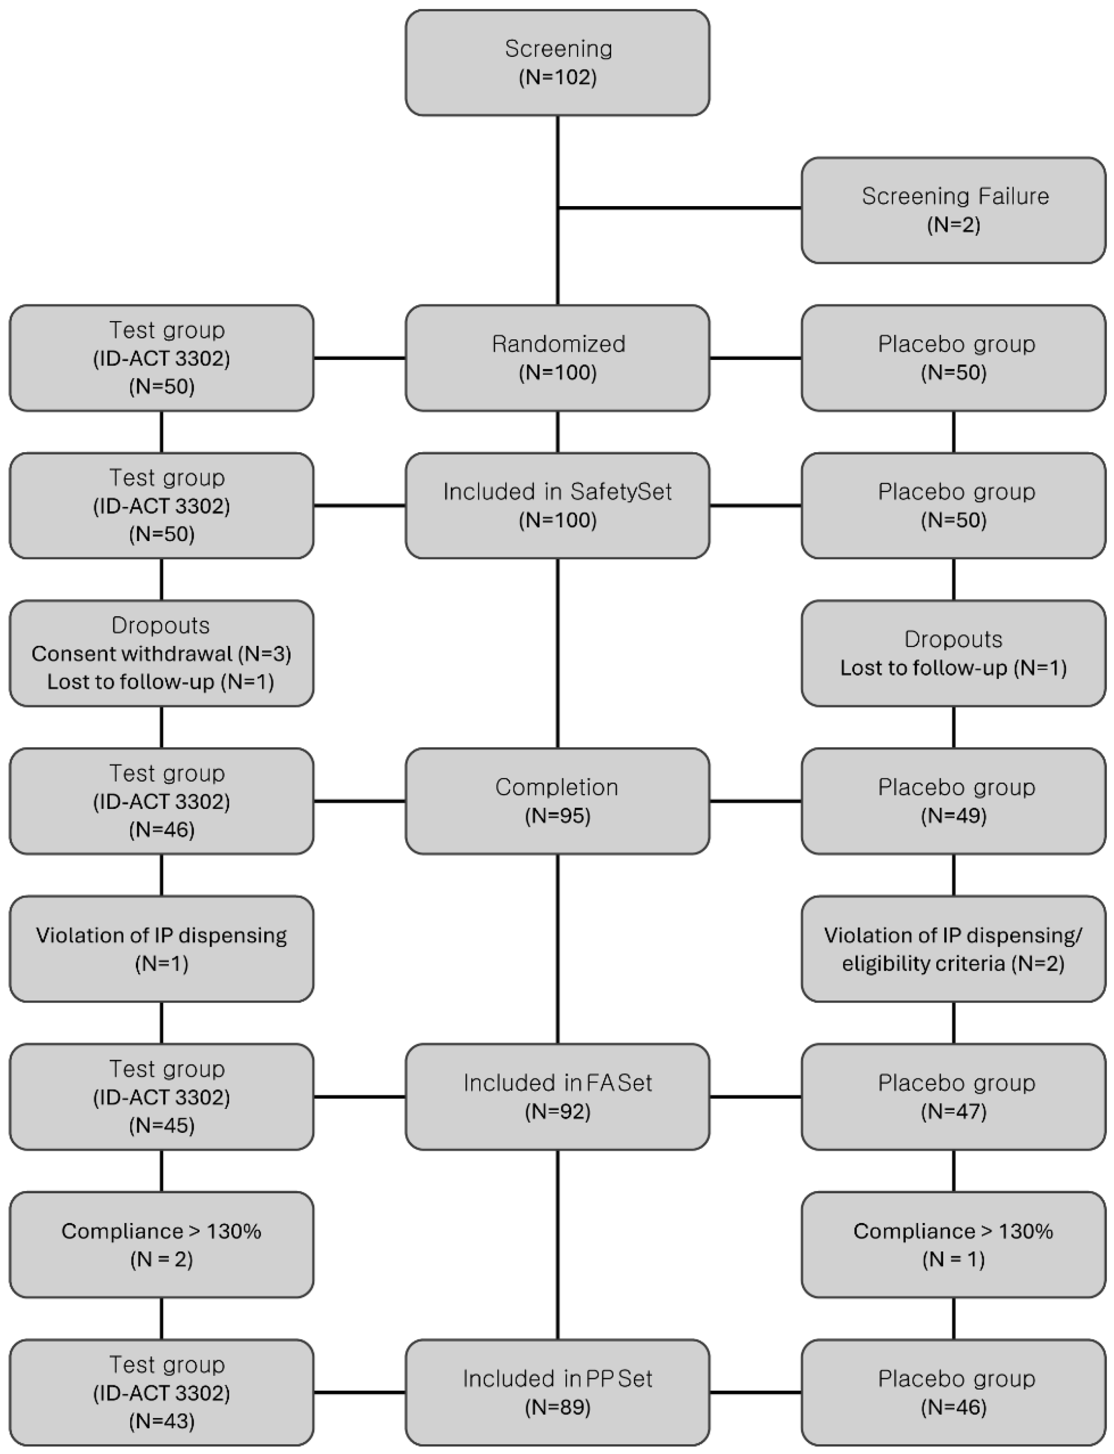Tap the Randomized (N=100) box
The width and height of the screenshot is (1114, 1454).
[557, 358]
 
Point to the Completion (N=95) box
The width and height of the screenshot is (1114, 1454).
[557, 801]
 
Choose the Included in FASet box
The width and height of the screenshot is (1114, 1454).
[557, 1097]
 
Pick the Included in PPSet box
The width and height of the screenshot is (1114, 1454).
[557, 1392]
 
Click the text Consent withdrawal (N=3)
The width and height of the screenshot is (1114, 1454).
[161, 654]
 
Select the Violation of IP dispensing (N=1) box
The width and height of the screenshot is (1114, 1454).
[161, 949]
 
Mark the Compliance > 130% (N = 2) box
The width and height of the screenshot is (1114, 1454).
[161, 1244]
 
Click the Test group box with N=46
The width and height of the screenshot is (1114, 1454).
[161, 801]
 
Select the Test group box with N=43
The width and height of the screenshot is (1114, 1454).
[161, 1392]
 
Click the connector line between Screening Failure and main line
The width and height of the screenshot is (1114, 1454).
[680, 208]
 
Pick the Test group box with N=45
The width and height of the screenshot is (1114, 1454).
[161, 1097]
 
